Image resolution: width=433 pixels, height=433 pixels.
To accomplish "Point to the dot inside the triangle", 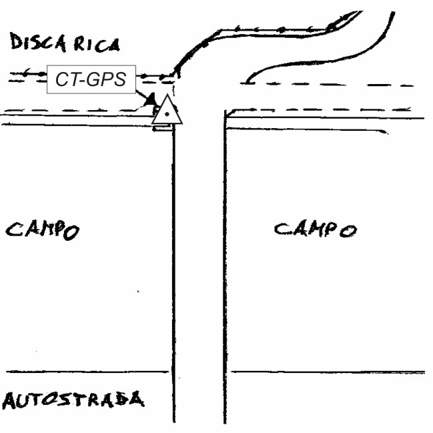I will pyautogui.click(x=166, y=115).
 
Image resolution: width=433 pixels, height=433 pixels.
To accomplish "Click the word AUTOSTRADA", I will pyautogui.click(x=73, y=400).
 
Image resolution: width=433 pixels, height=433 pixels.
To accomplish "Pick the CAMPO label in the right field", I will pyautogui.click(x=316, y=230).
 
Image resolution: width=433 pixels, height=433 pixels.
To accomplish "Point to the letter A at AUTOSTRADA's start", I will pyautogui.click(x=9, y=402).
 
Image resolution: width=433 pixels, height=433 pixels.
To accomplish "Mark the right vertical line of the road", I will pyautogui.click(x=224, y=267).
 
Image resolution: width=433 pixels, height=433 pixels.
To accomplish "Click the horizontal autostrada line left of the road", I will pyautogui.click(x=87, y=372).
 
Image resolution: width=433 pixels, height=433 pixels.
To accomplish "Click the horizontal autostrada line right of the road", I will pyautogui.click(x=327, y=372).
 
